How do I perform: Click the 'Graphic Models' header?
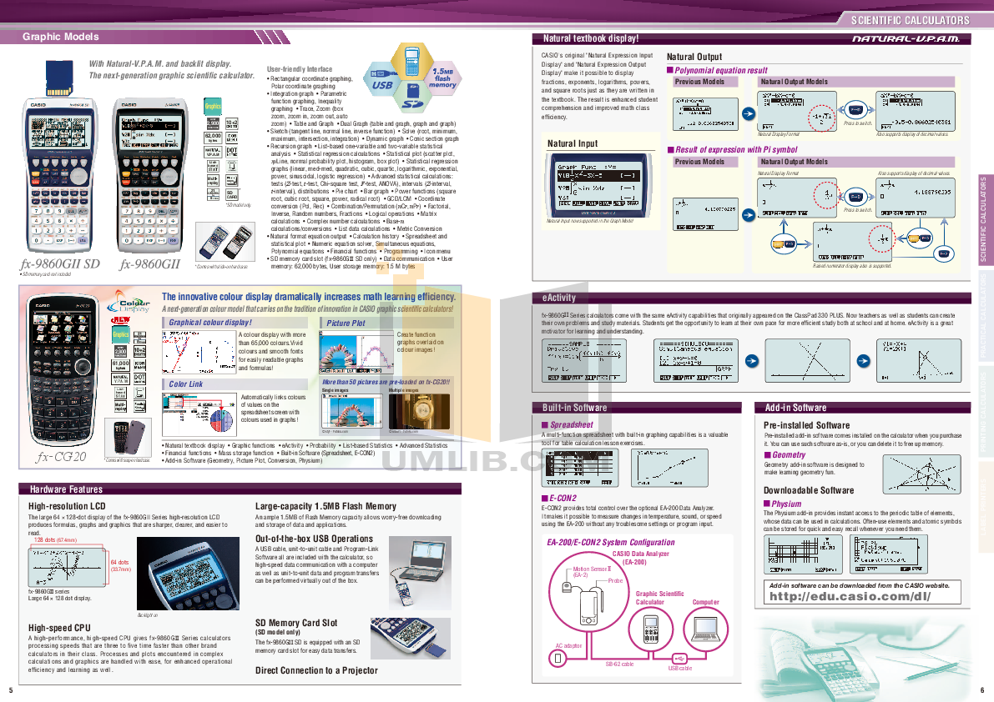60,37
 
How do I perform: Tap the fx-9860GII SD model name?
59,264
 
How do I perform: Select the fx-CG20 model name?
61,456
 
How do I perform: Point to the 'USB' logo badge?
382,85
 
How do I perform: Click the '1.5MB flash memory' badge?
442,79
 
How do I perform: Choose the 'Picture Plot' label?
346,323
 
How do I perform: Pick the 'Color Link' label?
185,384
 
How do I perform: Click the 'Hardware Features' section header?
66,489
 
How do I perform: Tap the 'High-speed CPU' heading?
59,628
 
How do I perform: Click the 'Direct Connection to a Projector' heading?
316,670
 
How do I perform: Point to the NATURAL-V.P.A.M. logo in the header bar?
906,39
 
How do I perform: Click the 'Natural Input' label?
573,143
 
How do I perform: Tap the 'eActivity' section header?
559,298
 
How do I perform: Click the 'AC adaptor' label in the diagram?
568,644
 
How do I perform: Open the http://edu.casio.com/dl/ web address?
847,597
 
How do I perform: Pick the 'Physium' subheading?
786,504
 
